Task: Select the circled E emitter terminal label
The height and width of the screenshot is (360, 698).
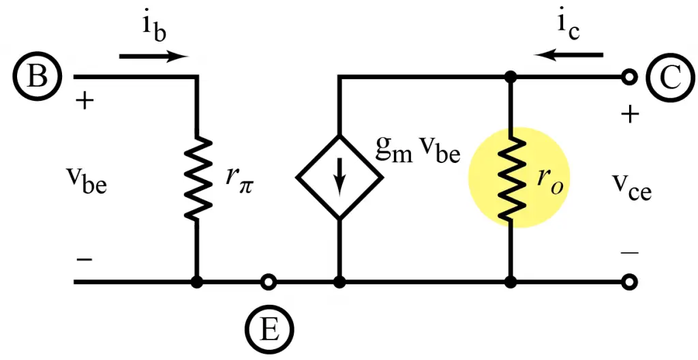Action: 270,330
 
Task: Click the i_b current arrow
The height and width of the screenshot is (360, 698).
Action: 153,57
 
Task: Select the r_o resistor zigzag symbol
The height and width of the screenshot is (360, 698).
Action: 509,179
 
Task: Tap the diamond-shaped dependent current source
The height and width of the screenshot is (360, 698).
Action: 339,177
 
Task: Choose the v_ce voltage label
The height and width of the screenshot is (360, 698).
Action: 631,188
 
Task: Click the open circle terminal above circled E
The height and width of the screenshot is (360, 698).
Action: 270,281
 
